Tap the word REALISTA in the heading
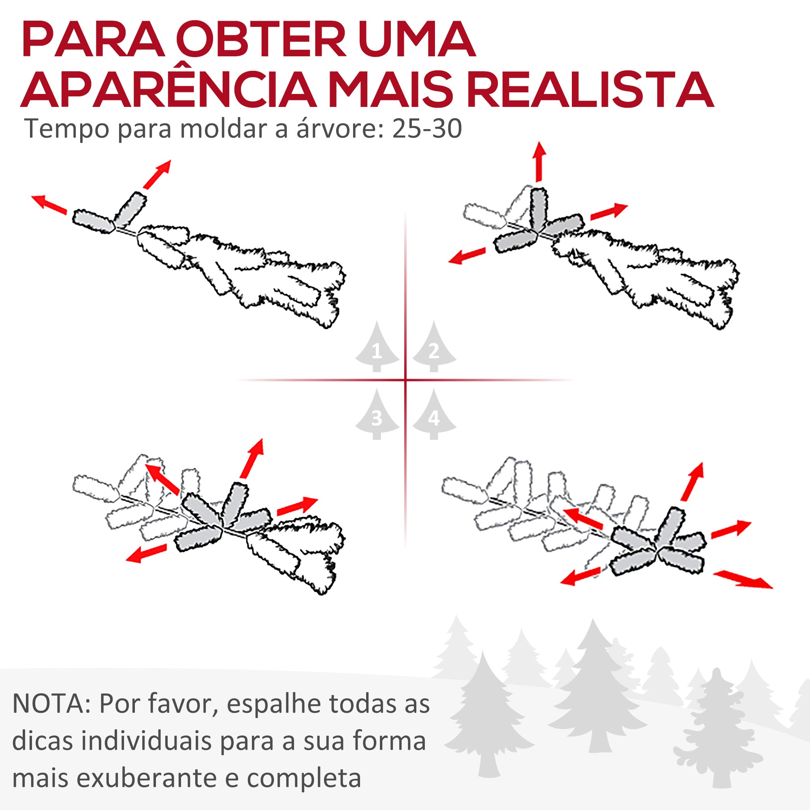click(x=590, y=91)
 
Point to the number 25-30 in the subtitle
click(x=427, y=129)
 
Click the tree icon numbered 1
click(x=377, y=348)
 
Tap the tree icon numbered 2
click(x=434, y=348)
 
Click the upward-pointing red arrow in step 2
click(x=539, y=162)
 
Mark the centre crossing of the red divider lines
click(x=405, y=380)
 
